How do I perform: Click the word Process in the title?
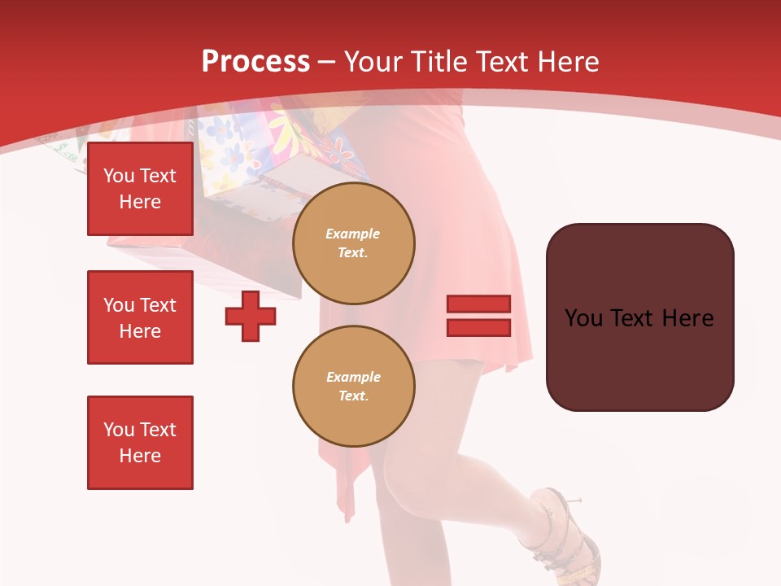tap(255, 62)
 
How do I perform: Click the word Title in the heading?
tap(440, 62)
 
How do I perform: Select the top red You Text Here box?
tap(140, 189)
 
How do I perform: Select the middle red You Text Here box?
tap(140, 317)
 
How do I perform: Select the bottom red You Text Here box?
tap(140, 443)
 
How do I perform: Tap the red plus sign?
tap(251, 316)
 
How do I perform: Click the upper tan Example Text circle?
tap(354, 243)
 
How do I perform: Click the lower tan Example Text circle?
tap(354, 387)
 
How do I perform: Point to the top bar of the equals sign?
tap(479, 304)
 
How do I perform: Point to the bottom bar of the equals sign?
tap(479, 327)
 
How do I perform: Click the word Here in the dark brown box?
tap(687, 318)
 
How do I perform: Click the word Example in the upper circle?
tap(352, 234)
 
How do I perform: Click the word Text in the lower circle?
tap(353, 396)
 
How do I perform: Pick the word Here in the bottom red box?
tap(140, 456)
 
